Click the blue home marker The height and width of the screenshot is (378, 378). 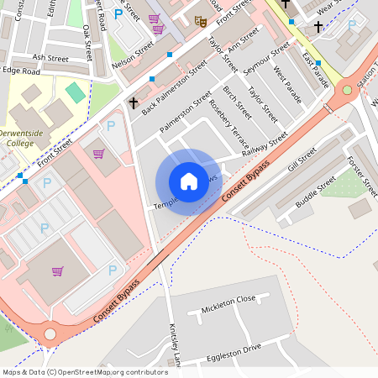tap(189, 181)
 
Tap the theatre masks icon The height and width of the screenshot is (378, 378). tap(201, 20)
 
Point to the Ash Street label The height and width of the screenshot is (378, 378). tap(50, 58)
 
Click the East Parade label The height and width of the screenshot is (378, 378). tap(316, 71)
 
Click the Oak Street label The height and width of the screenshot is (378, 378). tap(87, 43)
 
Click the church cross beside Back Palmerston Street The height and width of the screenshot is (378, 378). tap(133, 102)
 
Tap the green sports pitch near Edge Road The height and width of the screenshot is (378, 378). tap(76, 92)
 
